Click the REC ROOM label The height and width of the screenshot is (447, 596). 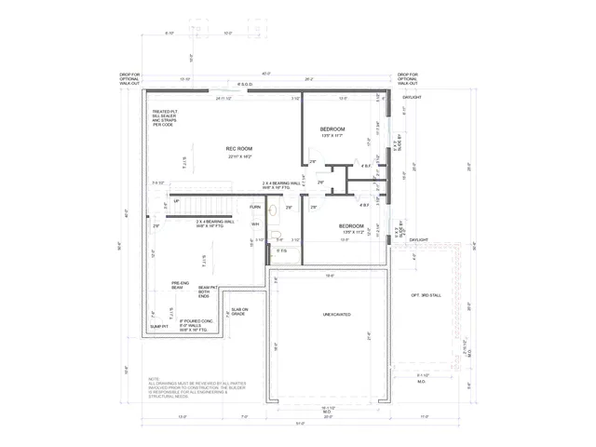click(239, 149)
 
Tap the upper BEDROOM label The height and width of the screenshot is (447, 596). click(332, 129)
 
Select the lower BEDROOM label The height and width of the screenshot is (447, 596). click(351, 225)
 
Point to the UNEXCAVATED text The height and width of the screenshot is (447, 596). click(336, 315)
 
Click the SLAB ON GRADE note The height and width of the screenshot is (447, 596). click(239, 312)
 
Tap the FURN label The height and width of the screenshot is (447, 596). click(254, 207)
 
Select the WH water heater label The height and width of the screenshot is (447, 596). click(254, 223)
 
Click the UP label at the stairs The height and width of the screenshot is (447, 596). click(176, 200)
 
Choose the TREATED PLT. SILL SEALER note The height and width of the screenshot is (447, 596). click(169, 118)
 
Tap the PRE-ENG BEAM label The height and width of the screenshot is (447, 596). click(181, 286)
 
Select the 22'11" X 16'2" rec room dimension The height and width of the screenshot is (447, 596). click(239, 156)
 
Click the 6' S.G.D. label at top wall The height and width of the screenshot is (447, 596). click(246, 85)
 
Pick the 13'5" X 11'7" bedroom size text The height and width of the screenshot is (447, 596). click(332, 136)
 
